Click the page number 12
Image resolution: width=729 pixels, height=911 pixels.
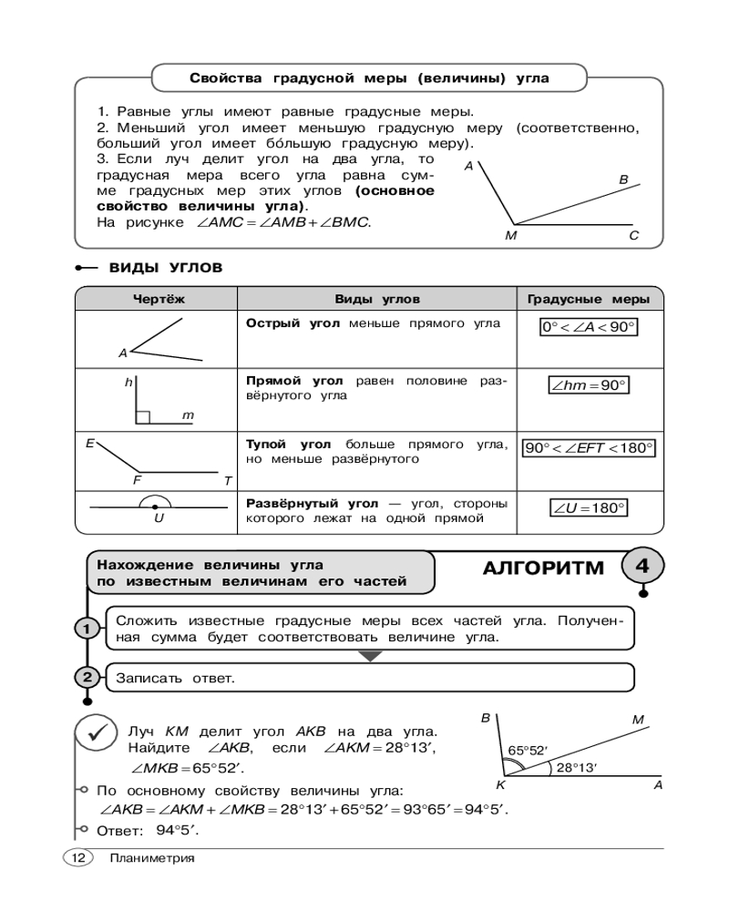point(77,857)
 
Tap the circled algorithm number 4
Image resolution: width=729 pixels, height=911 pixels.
point(642,566)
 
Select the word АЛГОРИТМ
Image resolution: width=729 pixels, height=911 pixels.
point(542,568)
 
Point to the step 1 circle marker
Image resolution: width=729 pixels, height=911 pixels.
point(86,629)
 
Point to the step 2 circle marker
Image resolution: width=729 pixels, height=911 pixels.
point(86,677)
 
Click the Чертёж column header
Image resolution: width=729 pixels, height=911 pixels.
point(158,299)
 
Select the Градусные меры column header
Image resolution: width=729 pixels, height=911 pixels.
point(589,299)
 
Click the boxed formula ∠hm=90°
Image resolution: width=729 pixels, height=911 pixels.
point(589,385)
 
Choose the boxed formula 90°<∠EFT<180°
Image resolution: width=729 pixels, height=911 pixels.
point(589,448)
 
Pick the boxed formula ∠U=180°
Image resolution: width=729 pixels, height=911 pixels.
point(589,508)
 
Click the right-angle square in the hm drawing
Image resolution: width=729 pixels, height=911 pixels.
point(142,417)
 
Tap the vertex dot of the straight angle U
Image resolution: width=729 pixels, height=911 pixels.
point(157,506)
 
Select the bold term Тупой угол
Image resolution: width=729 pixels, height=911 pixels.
point(289,445)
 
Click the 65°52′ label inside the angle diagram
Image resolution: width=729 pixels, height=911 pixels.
point(527,751)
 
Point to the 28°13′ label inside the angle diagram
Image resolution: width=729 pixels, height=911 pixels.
point(576,768)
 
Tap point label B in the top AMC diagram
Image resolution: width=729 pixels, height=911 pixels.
point(623,179)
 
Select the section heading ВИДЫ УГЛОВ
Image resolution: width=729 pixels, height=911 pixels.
point(165,268)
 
